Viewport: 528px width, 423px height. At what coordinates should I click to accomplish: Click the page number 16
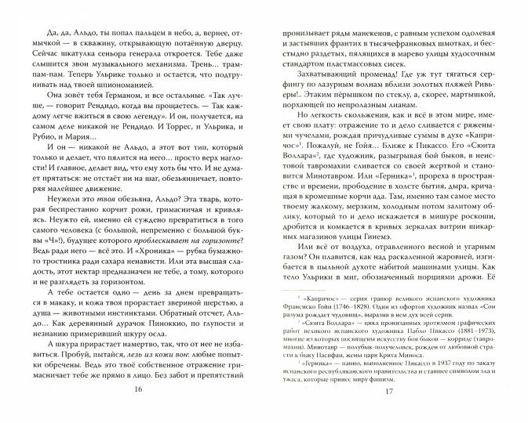click(138, 411)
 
